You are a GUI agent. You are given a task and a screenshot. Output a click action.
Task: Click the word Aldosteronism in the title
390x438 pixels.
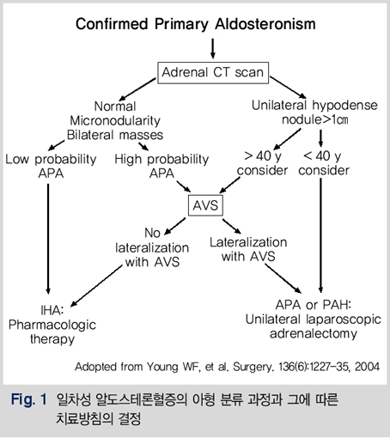pos(265,24)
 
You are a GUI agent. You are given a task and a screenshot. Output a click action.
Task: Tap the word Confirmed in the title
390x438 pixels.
pos(112,24)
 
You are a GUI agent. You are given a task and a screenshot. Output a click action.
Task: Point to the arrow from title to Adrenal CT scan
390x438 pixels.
pos(212,49)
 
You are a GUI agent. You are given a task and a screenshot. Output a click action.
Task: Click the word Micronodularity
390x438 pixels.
pos(115,120)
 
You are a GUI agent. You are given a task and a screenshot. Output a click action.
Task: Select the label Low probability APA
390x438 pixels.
pos(51,167)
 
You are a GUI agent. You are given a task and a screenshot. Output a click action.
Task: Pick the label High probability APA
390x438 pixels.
pos(161,167)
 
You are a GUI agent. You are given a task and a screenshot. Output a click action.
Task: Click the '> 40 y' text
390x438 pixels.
pos(263,156)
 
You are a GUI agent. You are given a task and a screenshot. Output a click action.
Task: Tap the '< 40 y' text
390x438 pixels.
pos(322,156)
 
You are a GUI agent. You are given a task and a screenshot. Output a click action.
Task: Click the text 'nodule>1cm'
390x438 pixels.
pos(314,119)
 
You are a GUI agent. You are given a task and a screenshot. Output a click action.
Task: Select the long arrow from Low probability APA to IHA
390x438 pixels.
pos(48,239)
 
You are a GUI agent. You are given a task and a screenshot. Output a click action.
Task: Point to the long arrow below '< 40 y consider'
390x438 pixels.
pos(320,235)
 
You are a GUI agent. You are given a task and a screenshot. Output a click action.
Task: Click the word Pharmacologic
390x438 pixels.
pos(52,325)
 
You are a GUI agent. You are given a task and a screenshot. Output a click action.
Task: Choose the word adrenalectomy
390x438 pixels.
pos(314,334)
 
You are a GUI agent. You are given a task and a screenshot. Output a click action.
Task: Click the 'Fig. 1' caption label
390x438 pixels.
pos(28,399)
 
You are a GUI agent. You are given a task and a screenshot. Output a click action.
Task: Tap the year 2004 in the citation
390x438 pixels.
pos(368,367)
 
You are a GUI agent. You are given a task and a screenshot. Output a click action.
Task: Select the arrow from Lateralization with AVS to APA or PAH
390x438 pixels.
pos(283,278)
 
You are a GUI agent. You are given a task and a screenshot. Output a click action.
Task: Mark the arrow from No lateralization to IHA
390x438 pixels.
pos(96,286)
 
